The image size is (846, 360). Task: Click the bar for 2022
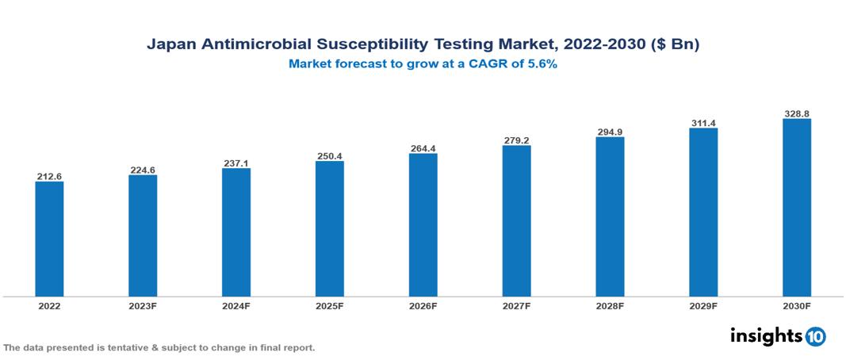[x=49, y=239]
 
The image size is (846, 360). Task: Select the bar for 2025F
[x=329, y=228]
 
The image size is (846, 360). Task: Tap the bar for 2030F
[x=796, y=208]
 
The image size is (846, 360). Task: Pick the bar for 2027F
[x=516, y=220]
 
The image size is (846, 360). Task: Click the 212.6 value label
[x=49, y=175]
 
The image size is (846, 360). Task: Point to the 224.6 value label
[x=143, y=169]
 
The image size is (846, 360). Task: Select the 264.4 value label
[x=423, y=147]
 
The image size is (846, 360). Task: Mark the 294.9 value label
[x=610, y=131]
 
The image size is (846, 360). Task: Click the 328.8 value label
[x=796, y=113]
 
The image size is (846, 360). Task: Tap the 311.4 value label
[x=703, y=122]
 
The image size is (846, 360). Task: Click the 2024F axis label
[x=236, y=305]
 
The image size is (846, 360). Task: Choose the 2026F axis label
[x=423, y=305]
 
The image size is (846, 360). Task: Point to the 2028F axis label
[x=610, y=305]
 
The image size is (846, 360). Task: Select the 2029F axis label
[x=703, y=305]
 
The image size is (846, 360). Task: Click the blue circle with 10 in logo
[x=815, y=336]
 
